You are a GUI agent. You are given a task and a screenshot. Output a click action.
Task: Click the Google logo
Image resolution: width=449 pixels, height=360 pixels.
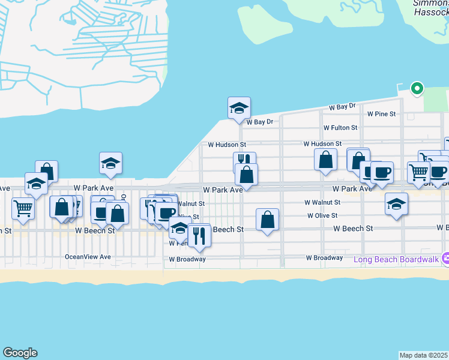(x=20, y=353)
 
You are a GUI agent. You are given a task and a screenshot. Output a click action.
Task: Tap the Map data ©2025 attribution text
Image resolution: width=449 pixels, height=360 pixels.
(x=424, y=355)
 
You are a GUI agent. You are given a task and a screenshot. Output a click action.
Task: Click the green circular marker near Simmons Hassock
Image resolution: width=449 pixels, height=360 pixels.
(x=417, y=89)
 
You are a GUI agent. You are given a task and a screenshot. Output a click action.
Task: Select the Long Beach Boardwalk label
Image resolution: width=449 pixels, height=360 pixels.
(x=396, y=259)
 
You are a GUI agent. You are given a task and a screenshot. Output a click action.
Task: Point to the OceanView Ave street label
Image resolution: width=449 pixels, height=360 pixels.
(x=88, y=257)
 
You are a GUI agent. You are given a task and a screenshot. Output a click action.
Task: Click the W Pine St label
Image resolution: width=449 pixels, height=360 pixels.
(x=382, y=113)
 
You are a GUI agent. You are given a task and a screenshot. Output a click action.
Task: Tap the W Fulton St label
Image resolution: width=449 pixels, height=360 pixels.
(x=340, y=128)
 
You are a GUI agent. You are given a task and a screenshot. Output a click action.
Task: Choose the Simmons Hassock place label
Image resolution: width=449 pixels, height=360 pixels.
(x=430, y=8)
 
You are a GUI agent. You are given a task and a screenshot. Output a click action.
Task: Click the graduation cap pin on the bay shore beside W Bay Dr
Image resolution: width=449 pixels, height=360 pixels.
(x=239, y=108)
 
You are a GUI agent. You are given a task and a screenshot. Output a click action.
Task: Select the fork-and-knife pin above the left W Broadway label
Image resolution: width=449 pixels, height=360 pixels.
(x=199, y=235)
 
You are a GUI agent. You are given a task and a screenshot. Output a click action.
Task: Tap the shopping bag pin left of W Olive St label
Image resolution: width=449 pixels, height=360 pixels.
(x=268, y=220)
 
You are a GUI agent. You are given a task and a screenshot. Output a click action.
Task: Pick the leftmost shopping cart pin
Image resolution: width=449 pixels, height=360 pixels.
(x=23, y=209)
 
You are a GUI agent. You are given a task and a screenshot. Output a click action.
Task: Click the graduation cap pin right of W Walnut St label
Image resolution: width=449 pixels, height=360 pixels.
(x=396, y=205)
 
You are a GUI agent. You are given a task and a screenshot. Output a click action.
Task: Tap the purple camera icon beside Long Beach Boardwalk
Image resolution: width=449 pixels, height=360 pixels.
(x=445, y=259)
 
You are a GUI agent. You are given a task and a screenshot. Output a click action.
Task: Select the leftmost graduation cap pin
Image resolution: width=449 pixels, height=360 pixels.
(x=36, y=184)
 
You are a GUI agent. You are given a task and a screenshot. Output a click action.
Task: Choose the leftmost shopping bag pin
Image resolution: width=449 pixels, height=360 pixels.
(x=47, y=172)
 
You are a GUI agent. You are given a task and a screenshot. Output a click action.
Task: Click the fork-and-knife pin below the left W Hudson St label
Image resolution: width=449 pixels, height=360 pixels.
(x=243, y=160)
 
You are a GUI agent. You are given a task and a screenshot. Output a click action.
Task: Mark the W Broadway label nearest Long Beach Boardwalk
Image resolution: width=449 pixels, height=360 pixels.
(x=324, y=258)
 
